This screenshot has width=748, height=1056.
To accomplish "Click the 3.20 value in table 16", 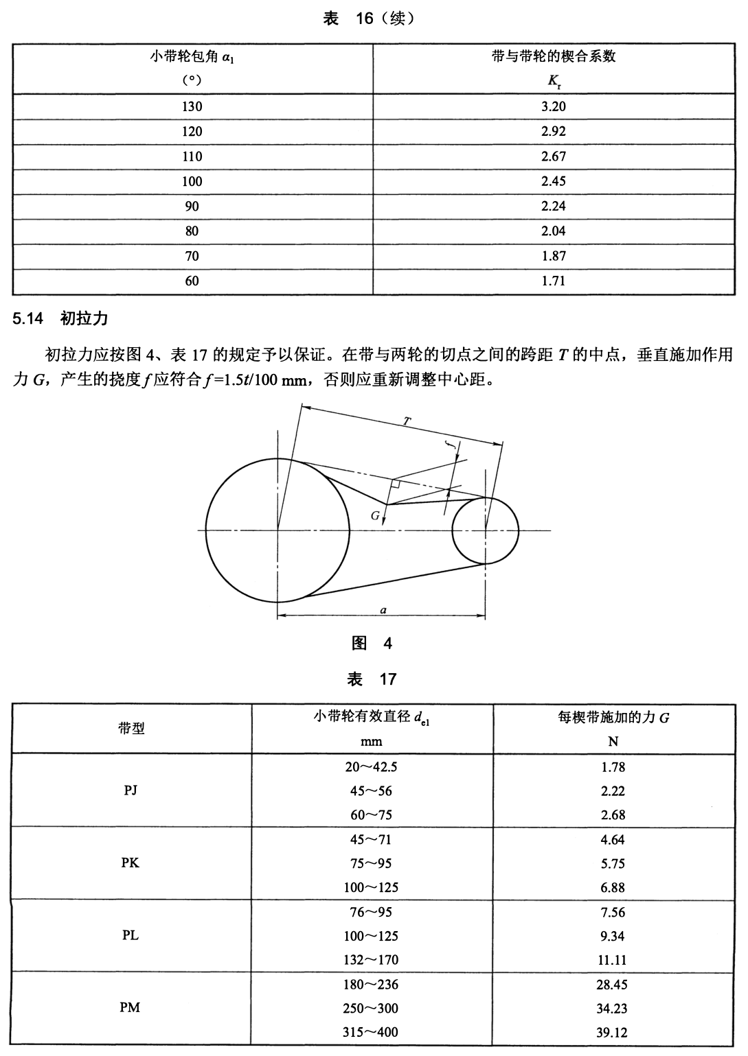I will (553, 106).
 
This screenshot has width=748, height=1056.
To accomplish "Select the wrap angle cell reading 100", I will (192, 181).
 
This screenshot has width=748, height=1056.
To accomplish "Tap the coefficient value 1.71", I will (553, 281).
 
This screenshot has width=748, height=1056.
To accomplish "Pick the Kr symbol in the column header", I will (554, 81).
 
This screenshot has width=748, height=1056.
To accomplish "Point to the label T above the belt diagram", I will (407, 422).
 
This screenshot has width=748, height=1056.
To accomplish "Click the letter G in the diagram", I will (375, 515).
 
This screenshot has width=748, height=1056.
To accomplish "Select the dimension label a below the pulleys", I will (383, 609).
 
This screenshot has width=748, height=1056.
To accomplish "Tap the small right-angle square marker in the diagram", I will (395, 484).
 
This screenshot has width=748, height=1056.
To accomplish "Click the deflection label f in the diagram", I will (451, 445).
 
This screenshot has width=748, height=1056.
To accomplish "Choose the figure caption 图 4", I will (372, 643).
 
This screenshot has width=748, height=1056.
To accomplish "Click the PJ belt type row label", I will (131, 790).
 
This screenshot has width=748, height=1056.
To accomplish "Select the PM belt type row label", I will (130, 1007).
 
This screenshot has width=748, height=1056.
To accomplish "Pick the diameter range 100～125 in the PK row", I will (371, 887).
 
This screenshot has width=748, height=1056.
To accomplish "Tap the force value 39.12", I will (612, 1032).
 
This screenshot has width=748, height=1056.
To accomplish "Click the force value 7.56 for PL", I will (612, 912).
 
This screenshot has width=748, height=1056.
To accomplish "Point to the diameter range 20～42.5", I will (371, 766).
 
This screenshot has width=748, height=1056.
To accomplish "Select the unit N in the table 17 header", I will (613, 742).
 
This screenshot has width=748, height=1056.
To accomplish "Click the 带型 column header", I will (131, 729).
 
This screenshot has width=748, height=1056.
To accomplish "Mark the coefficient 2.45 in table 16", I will (553, 181).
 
